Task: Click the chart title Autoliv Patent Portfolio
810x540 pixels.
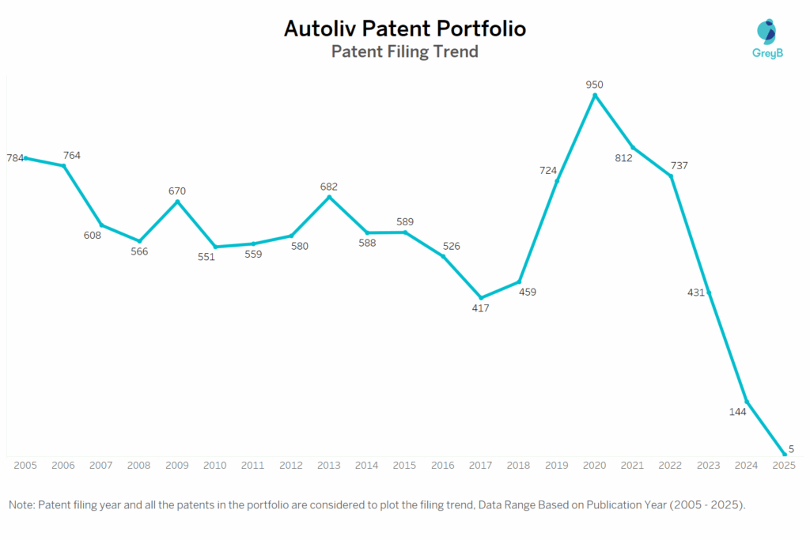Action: click(404, 29)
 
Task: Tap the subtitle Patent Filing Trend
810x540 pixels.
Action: click(404, 52)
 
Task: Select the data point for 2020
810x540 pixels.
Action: click(595, 96)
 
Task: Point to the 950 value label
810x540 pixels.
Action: click(595, 84)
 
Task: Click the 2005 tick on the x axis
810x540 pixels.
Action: click(25, 466)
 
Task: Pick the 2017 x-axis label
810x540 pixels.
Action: click(481, 466)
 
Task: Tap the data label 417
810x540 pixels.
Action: click(480, 308)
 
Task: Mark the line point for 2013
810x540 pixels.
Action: click(329, 197)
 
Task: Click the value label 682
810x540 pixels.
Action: click(329, 187)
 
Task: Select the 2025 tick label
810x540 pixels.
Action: click(784, 466)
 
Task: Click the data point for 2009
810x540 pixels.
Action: click(177, 202)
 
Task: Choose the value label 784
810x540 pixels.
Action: click(15, 158)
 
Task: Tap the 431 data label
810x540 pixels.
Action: click(696, 293)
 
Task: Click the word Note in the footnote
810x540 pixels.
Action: click(21, 504)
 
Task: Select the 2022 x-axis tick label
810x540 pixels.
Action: click(671, 466)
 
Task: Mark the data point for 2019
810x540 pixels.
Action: click(557, 181)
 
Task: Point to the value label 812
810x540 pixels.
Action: click(623, 158)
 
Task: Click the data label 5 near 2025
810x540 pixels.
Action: click(790, 449)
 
